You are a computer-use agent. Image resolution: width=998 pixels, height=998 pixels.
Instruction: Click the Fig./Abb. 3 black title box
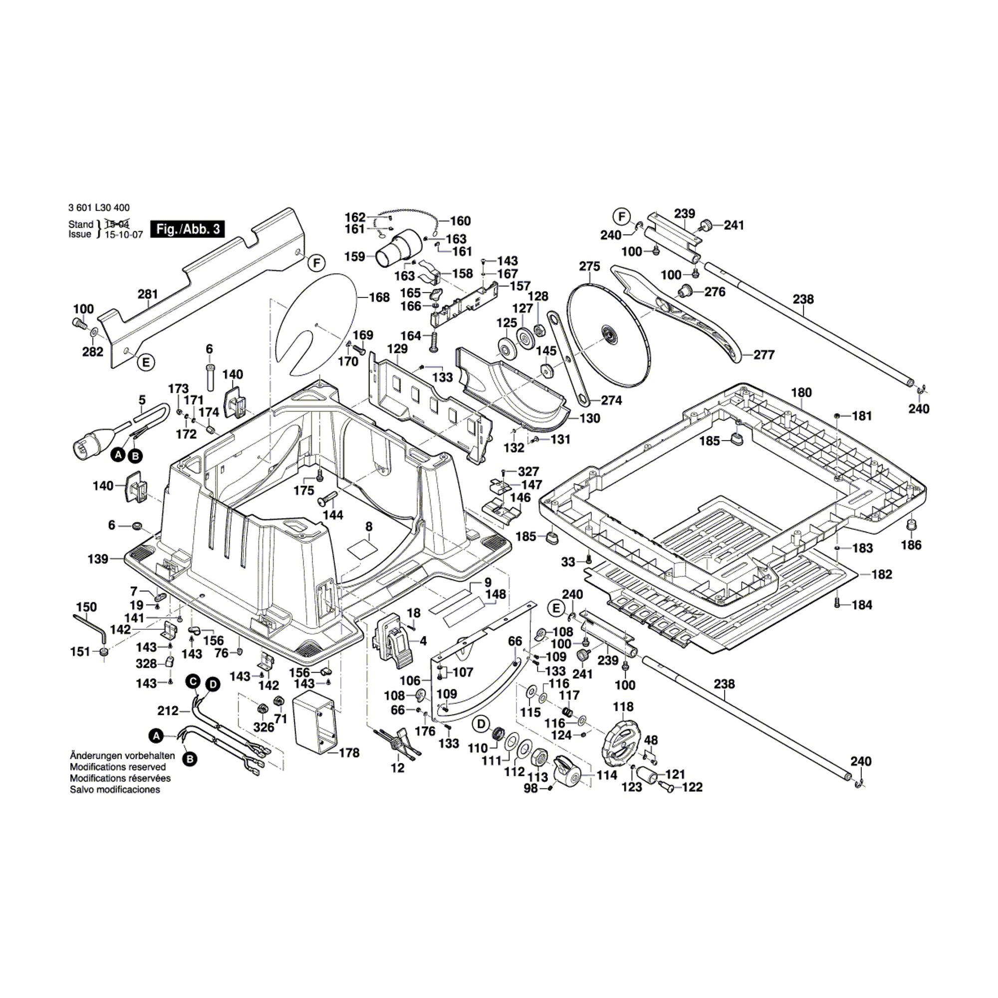[188, 229]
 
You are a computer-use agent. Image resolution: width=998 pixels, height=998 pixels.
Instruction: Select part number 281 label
[148, 294]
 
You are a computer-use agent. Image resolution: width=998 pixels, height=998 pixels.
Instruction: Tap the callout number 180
[801, 393]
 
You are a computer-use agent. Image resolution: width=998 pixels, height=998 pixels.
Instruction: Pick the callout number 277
[764, 355]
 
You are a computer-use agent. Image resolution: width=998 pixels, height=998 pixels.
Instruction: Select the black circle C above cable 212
[193, 682]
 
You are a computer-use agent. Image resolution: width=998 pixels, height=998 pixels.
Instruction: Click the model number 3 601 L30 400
[99, 208]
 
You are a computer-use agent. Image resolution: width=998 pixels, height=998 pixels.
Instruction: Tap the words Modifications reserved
[118, 767]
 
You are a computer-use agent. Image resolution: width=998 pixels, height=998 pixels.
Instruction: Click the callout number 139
[98, 558]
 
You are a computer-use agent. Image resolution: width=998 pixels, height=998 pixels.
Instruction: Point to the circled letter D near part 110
[481, 725]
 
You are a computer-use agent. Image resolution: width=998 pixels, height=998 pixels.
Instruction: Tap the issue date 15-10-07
[124, 234]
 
